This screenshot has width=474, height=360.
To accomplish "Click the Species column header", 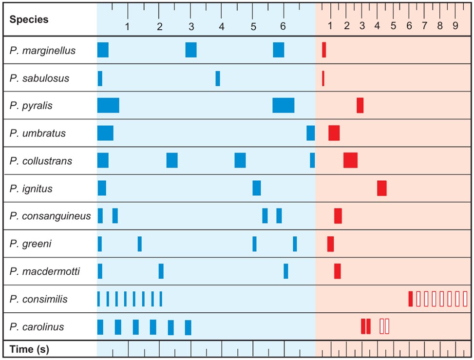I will click(29, 19).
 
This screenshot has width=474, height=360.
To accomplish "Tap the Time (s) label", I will click(29, 349).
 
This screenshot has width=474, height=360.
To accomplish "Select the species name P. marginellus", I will click(42, 50).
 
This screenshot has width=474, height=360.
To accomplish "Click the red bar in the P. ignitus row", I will click(381, 188).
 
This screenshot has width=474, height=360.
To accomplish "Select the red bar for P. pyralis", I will click(360, 105).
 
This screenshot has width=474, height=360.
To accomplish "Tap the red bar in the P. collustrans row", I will click(350, 160).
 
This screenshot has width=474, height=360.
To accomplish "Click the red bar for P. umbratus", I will click(334, 133).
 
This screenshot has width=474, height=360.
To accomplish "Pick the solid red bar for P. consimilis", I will click(411, 299).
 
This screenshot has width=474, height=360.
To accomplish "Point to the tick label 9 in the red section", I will click(455, 26).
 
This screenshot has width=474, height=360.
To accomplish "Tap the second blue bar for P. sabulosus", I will click(218, 78).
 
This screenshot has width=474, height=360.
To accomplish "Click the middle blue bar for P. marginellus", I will click(191, 50).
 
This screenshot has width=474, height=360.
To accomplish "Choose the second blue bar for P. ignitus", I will click(256, 188).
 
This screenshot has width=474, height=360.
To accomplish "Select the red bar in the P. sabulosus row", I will click(323, 78).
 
